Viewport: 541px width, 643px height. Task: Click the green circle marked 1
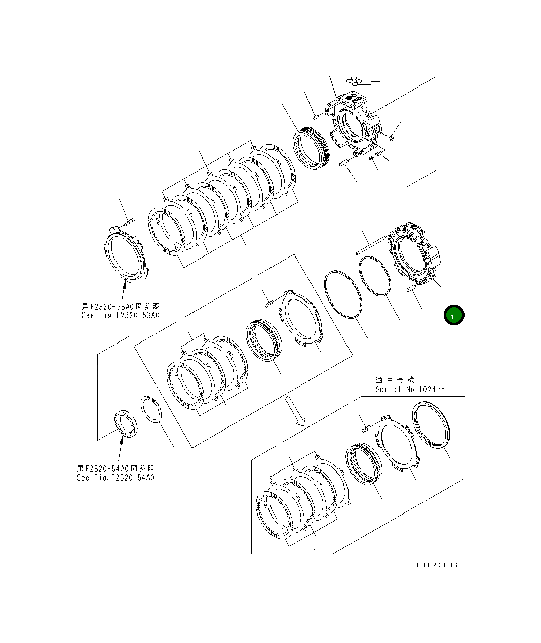[x=454, y=315]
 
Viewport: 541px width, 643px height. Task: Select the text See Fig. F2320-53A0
[x=120, y=315]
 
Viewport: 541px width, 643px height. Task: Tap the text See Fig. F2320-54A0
[x=115, y=477]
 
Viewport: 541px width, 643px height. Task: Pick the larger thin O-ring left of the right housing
[x=343, y=295]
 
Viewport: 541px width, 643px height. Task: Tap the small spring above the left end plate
[x=129, y=221]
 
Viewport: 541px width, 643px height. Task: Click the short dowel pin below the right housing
[x=411, y=288]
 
